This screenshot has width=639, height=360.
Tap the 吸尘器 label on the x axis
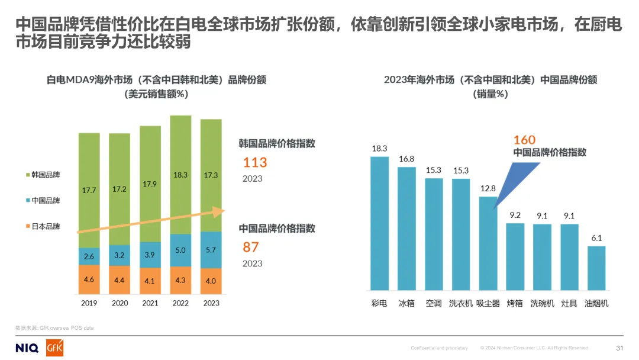[x=488, y=303]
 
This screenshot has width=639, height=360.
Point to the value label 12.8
[x=488, y=189]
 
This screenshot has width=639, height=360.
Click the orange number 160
[x=524, y=140]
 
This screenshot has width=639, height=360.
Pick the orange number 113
[x=255, y=162]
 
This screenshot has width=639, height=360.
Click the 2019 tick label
[x=89, y=303]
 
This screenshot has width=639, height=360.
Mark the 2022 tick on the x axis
[x=180, y=303]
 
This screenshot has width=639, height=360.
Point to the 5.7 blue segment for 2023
[x=211, y=250]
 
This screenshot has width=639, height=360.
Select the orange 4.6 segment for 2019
[x=89, y=279]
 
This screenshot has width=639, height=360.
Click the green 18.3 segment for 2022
[x=180, y=175]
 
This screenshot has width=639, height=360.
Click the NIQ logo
[x=27, y=348]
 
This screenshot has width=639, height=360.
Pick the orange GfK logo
[x=54, y=348]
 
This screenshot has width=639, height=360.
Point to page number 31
[x=619, y=348]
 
